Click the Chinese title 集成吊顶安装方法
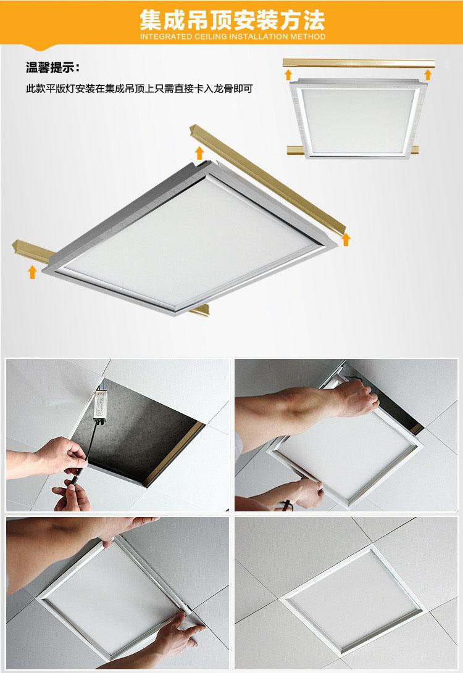[232, 20]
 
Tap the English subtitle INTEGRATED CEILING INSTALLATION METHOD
[232, 36]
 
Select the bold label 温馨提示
[52, 67]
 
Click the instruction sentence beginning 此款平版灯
[140, 89]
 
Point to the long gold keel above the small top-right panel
[359, 63]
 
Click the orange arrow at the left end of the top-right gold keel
[288, 75]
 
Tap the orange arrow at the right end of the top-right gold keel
[427, 75]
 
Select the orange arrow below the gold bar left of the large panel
[31, 271]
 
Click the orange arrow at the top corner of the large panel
[199, 153]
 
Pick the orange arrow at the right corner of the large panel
[346, 239]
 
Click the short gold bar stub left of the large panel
[32, 252]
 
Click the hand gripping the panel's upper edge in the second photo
[356, 398]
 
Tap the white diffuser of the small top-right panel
[358, 121]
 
